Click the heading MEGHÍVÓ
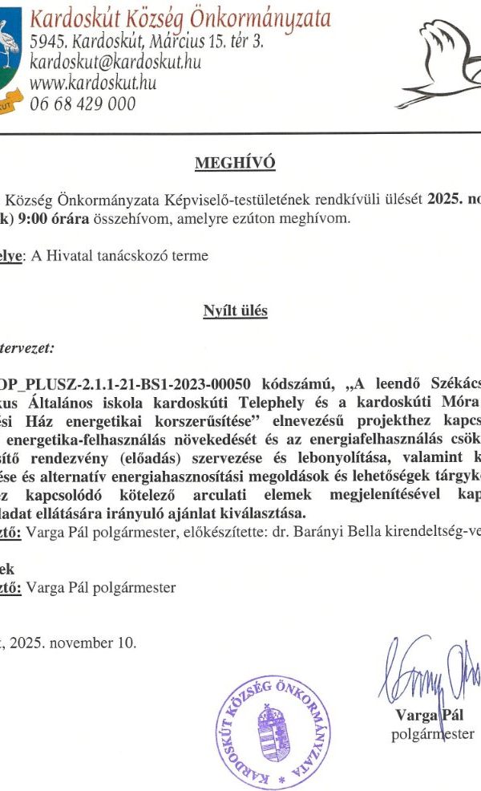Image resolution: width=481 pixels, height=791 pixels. (x=235, y=164)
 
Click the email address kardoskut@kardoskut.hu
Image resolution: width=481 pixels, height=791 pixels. (x=115, y=62)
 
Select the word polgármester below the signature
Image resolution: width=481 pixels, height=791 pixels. (x=433, y=733)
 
